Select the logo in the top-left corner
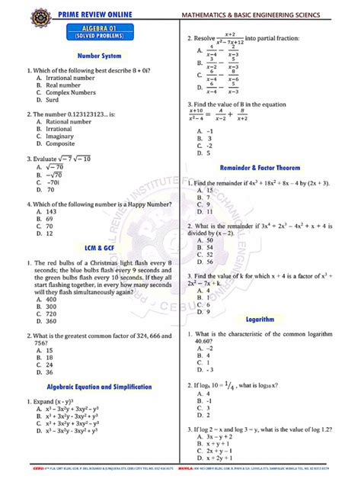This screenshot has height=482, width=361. (11, 13)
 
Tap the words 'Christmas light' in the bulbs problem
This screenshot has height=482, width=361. (119, 263)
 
